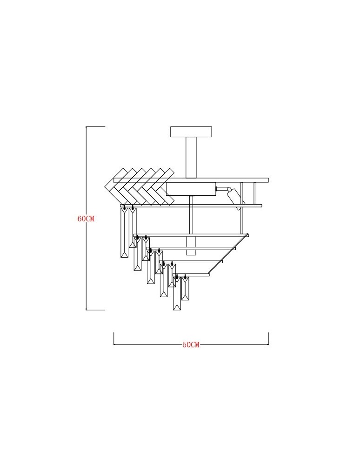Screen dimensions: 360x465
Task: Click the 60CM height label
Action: (x=86, y=219)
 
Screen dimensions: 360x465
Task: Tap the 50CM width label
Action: (x=191, y=345)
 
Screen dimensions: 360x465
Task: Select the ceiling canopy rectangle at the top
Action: (x=191, y=132)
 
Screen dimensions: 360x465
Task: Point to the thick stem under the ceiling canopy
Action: (x=191, y=158)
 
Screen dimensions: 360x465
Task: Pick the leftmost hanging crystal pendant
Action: (x=125, y=232)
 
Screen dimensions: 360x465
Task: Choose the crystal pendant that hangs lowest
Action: (x=177, y=293)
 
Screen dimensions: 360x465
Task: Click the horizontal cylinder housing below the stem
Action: (x=191, y=189)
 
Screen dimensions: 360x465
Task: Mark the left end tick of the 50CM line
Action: (x=114, y=339)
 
